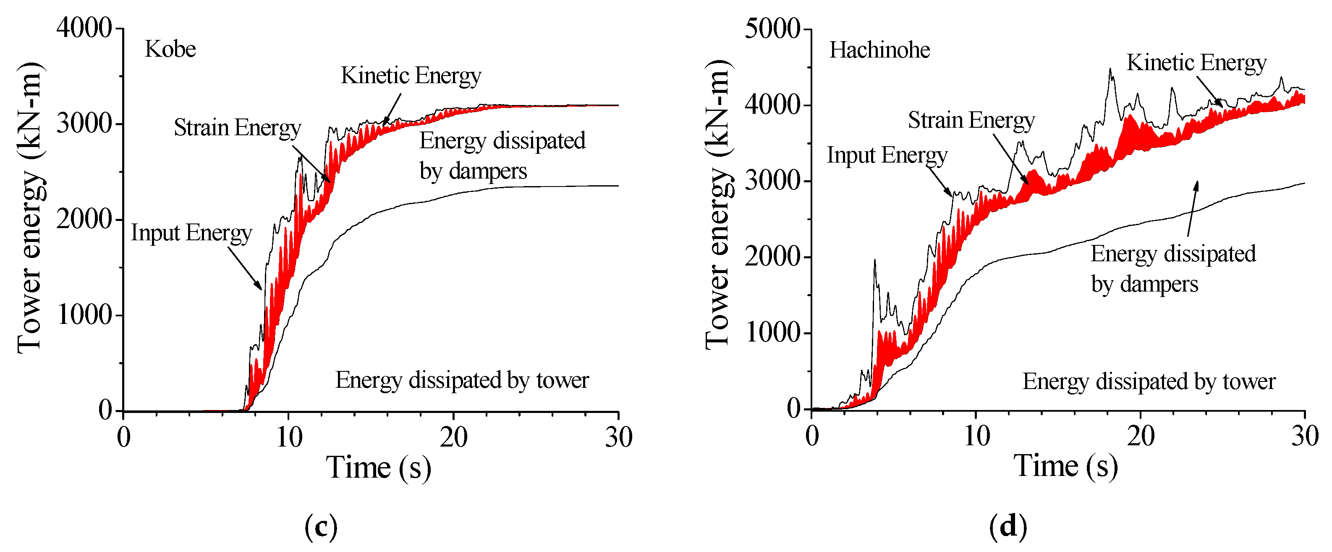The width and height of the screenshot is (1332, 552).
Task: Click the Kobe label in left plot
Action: coord(170,49)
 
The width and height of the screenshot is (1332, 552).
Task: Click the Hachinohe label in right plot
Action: coord(879,50)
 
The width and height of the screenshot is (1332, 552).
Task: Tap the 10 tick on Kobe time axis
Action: coord(288,438)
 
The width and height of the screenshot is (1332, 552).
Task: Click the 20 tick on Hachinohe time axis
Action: coord(1141,436)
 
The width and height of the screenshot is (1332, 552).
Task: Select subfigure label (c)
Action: coord(321,527)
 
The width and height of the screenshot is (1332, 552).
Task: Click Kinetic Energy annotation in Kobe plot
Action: coord(411,76)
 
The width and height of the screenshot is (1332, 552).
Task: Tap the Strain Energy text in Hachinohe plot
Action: coord(971,120)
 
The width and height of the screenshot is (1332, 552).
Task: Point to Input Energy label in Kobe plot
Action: coord(191,233)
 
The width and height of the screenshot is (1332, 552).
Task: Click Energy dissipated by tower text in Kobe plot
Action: coord(462,380)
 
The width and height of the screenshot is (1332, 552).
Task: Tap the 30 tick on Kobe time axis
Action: coord(618,438)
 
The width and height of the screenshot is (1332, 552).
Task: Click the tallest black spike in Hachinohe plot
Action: coord(1110,69)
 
